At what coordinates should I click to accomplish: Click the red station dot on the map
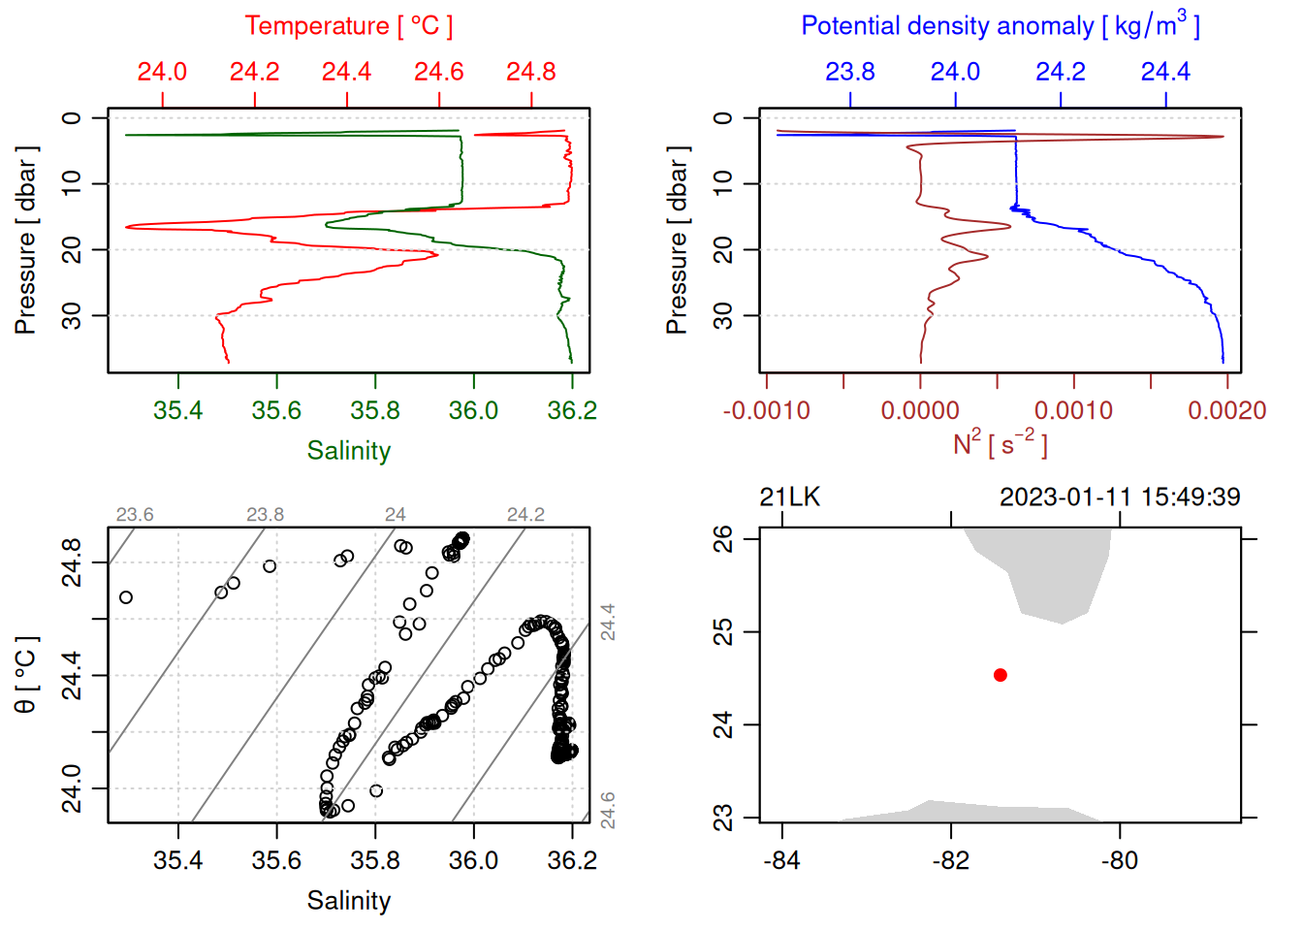click(x=1000, y=675)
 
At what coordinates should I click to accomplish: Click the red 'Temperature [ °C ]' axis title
click(x=348, y=26)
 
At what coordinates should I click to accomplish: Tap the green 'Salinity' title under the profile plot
click(x=348, y=451)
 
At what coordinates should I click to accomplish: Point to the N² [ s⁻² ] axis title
click(x=1000, y=443)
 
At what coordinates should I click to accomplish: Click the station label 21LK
click(x=789, y=498)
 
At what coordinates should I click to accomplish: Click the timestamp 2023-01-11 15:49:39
click(x=1119, y=498)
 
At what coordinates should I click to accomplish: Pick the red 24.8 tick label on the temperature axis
click(x=530, y=72)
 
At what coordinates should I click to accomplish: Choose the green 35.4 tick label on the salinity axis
click(x=177, y=410)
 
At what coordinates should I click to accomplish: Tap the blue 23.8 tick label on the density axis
click(x=849, y=72)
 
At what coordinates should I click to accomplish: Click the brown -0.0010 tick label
click(x=766, y=410)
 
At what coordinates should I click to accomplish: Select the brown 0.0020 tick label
click(x=1226, y=410)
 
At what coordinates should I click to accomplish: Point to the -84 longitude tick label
click(x=781, y=860)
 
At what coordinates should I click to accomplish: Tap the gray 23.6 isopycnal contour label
click(x=134, y=515)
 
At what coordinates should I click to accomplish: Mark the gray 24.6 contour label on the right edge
click(x=608, y=811)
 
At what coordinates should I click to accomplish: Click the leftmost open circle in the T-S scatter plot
click(x=125, y=597)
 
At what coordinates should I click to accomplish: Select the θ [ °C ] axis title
click(x=26, y=675)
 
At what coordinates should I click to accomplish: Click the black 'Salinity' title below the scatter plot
click(x=348, y=901)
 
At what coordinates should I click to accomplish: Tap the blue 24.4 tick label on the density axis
click(x=1164, y=72)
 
